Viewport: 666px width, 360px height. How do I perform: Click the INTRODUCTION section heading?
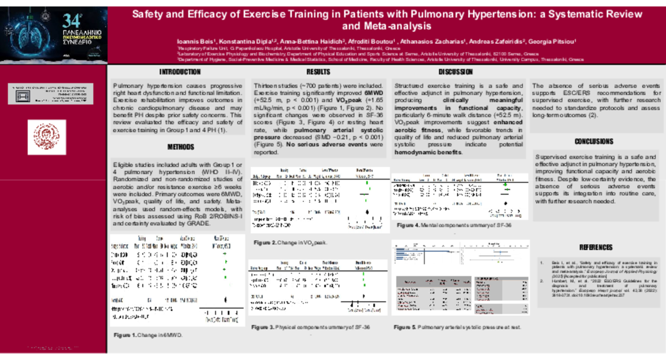pos(180,72)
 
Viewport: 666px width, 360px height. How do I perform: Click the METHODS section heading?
pos(181,147)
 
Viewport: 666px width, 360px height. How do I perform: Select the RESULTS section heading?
pos(318,72)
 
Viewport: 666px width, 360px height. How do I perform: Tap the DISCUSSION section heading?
pos(455,72)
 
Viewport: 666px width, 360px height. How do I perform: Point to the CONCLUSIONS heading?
pos(593,142)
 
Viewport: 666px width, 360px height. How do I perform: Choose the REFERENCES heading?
pos(595,248)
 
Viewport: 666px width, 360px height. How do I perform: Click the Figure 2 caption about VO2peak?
pos(290,243)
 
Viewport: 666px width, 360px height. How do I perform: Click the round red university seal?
pos(46,138)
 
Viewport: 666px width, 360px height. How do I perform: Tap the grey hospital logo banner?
pos(50,94)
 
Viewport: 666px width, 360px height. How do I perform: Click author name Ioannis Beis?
pos(196,41)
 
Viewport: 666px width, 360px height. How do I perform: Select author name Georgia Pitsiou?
pos(555,41)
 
